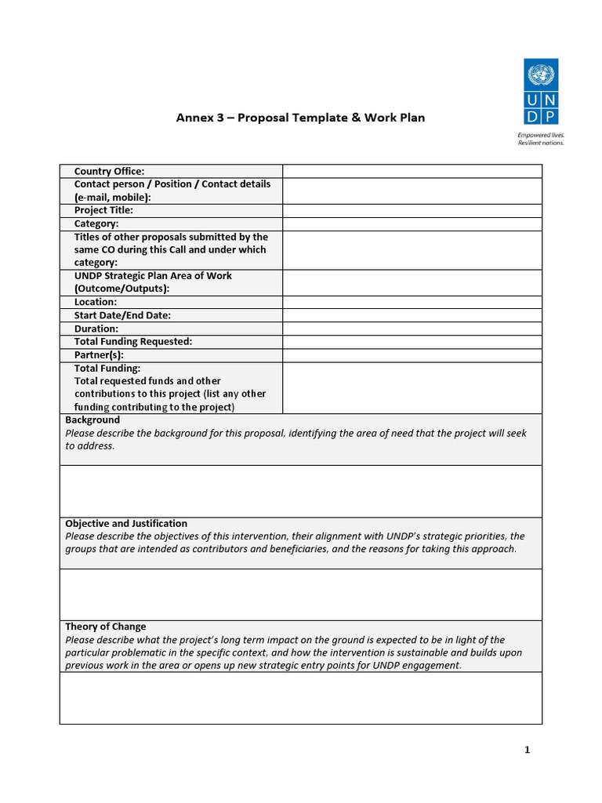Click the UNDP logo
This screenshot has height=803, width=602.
tap(541, 92)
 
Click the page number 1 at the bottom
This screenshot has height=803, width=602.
tap(528, 750)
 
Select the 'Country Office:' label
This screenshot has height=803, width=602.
tap(109, 171)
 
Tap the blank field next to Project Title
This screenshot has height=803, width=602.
tap(412, 211)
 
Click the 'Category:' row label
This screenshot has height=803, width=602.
tap(96, 223)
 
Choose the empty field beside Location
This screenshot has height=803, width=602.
tap(412, 302)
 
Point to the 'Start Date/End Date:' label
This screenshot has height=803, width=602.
tap(122, 315)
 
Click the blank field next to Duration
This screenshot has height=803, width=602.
tap(412, 329)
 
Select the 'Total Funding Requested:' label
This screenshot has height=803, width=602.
tap(133, 342)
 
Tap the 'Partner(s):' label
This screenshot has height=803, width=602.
tap(99, 354)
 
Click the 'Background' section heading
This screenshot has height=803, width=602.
tap(92, 420)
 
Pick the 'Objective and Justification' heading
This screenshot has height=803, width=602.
tap(126, 524)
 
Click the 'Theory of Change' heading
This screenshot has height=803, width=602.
tap(105, 627)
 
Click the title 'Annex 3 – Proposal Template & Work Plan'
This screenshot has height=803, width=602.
tap(300, 118)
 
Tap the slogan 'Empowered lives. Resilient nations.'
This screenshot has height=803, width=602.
tap(541, 139)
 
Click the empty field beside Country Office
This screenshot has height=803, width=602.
tap(412, 171)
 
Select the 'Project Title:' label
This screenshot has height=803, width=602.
tap(103, 210)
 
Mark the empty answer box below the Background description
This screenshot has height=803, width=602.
tap(300, 491)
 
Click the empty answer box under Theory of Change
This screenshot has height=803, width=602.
tap(300, 698)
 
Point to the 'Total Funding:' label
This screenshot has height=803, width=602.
tap(107, 368)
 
